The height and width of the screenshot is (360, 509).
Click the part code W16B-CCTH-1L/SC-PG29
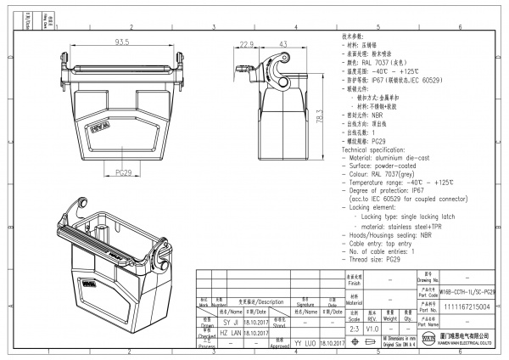pos(467,291)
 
